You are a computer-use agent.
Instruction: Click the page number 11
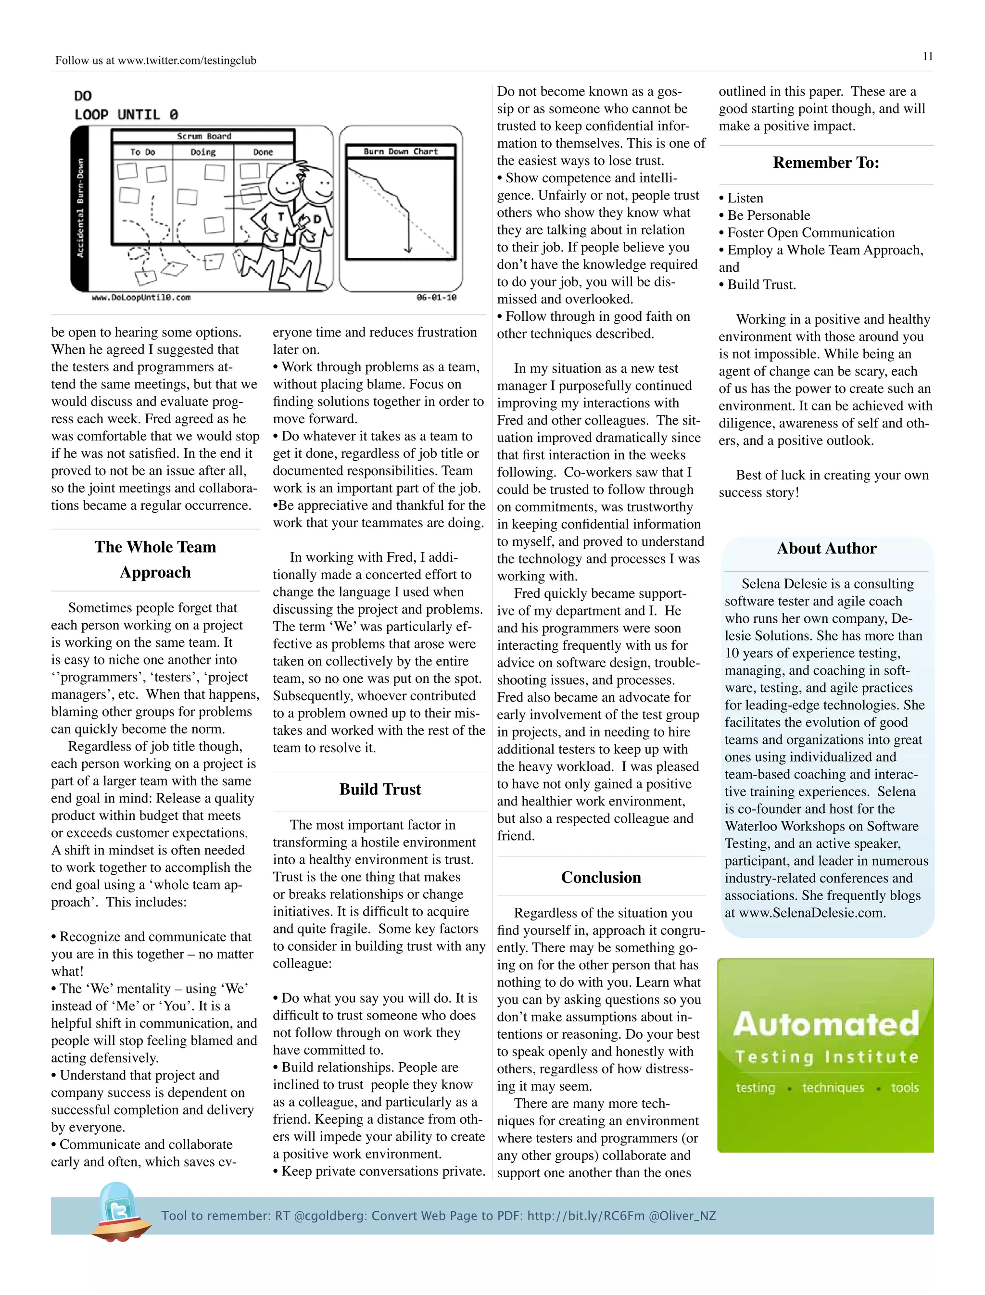928,56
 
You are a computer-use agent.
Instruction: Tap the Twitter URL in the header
187,61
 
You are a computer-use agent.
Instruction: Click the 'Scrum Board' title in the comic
204,136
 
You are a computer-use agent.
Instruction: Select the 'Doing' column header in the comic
203,152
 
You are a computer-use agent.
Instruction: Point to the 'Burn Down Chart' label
401,151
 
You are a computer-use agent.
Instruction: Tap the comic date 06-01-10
436,297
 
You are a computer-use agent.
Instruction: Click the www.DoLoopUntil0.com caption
141,297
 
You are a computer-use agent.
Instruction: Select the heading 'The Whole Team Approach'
155,559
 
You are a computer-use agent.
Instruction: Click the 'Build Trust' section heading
380,789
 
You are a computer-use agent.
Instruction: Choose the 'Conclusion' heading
601,877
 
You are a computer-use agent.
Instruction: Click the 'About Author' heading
826,548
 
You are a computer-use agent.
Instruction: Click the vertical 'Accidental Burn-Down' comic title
80,208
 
